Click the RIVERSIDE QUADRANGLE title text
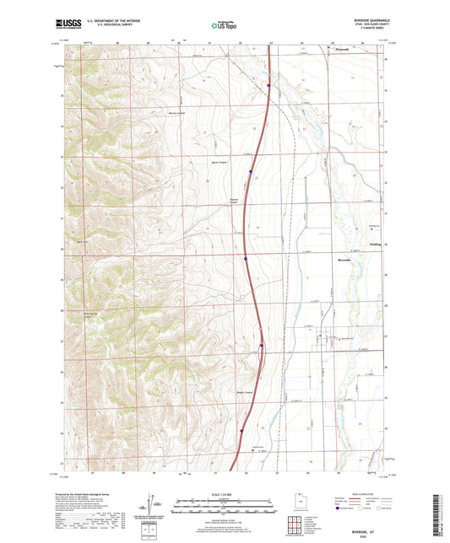pos(363,18)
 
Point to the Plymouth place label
pos(336,49)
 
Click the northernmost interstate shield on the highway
pos(268,84)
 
